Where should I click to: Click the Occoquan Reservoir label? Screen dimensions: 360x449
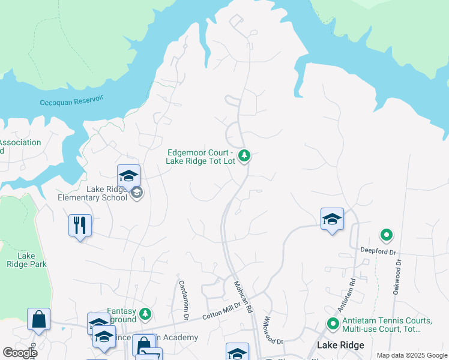pos(71,103)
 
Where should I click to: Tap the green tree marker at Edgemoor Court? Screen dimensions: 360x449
pos(244,156)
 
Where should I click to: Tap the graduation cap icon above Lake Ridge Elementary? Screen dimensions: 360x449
pos(128,175)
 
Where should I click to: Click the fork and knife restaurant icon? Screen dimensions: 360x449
pos(80,226)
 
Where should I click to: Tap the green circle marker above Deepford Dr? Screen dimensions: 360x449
pos(387,235)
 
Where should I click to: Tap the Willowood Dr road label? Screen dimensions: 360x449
pos(273,330)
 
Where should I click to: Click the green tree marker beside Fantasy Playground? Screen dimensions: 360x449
pos(145,314)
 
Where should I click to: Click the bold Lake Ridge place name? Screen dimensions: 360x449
pos(340,346)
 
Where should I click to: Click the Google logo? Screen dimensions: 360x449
pos(20,353)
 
